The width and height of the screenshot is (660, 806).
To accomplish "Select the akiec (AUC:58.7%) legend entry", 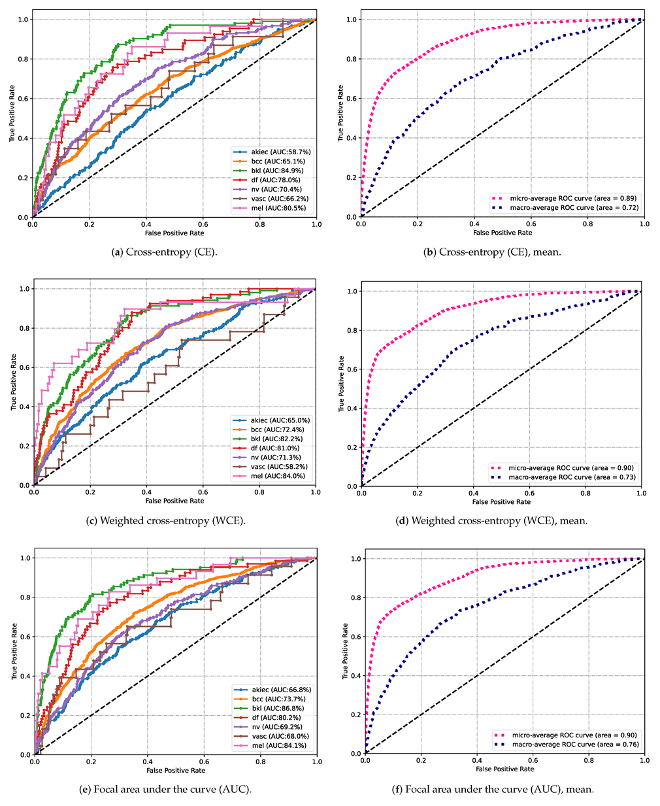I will (x=272, y=152).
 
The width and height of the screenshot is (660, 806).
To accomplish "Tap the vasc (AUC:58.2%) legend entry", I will (x=271, y=467).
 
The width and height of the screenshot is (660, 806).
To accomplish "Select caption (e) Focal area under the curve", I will (x=174, y=789).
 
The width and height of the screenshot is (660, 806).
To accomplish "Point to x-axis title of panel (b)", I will (x=503, y=233).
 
